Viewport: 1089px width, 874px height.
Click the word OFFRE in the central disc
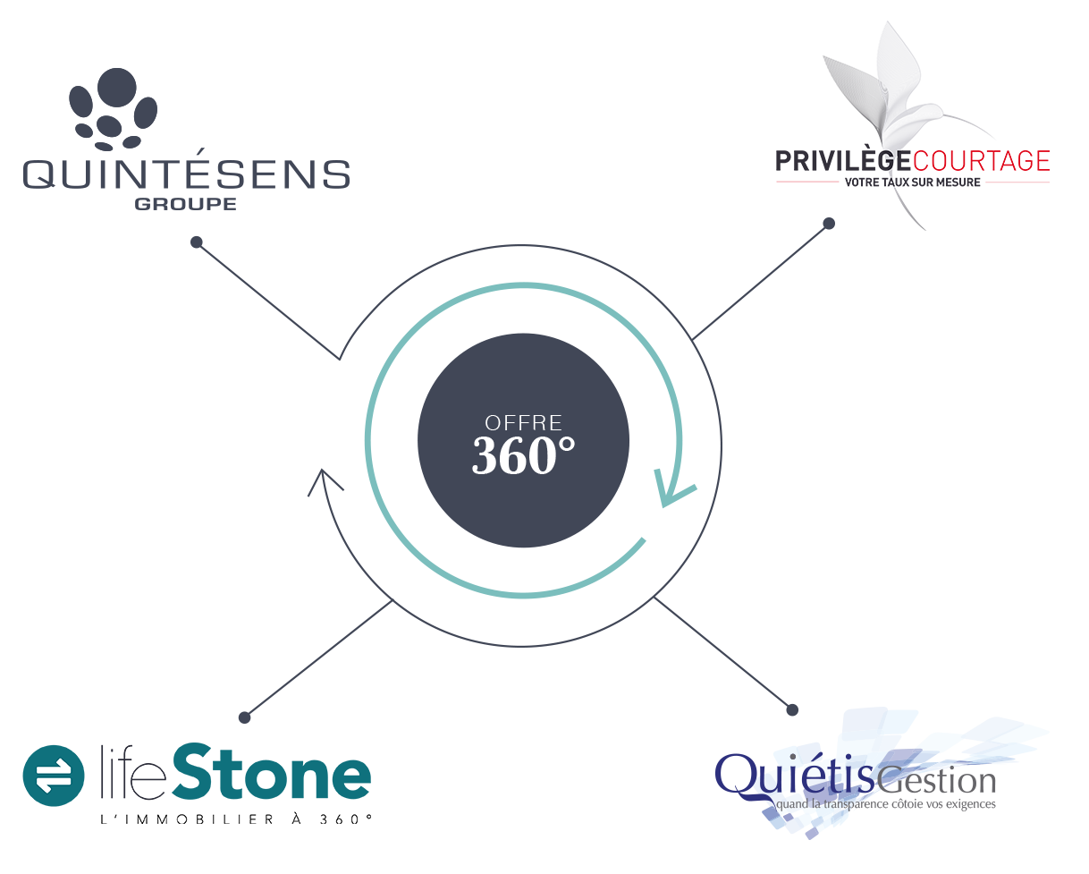coord(523,421)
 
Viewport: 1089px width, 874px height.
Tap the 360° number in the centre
coord(523,456)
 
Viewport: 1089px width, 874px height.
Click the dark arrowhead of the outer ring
coord(324,482)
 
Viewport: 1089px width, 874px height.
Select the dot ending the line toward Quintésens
coord(197,242)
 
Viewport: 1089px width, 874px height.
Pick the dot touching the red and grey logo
coord(829,223)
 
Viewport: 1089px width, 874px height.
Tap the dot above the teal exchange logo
coord(245,717)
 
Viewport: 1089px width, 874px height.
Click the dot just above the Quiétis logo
coord(791,709)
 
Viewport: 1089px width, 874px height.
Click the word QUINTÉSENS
coord(186,174)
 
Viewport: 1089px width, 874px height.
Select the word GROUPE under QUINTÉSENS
coord(186,203)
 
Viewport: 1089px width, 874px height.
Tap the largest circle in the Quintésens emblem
coord(116,87)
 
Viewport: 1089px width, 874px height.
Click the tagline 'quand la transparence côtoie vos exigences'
coord(885,805)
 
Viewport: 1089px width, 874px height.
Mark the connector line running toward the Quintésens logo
coord(268,301)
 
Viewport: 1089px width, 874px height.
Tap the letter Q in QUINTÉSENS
coord(41,174)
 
